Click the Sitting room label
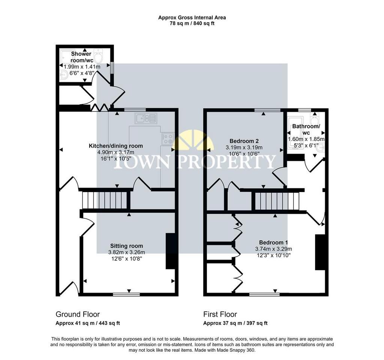tap(126, 246)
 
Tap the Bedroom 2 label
tap(244, 141)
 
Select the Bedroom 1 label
tap(273, 243)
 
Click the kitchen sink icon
tap(146, 118)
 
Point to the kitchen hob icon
tap(168, 138)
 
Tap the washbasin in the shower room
tap(64, 75)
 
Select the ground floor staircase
tap(105, 200)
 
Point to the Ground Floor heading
tap(78, 314)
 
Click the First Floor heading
tap(220, 314)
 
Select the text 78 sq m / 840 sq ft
tap(192, 24)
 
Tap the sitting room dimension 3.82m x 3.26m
tap(126, 252)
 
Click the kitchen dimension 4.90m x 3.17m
tap(116, 152)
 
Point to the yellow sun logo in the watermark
tap(193, 141)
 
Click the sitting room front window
tap(126, 294)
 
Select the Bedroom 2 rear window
tap(267, 110)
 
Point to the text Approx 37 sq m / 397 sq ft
tap(235, 323)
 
